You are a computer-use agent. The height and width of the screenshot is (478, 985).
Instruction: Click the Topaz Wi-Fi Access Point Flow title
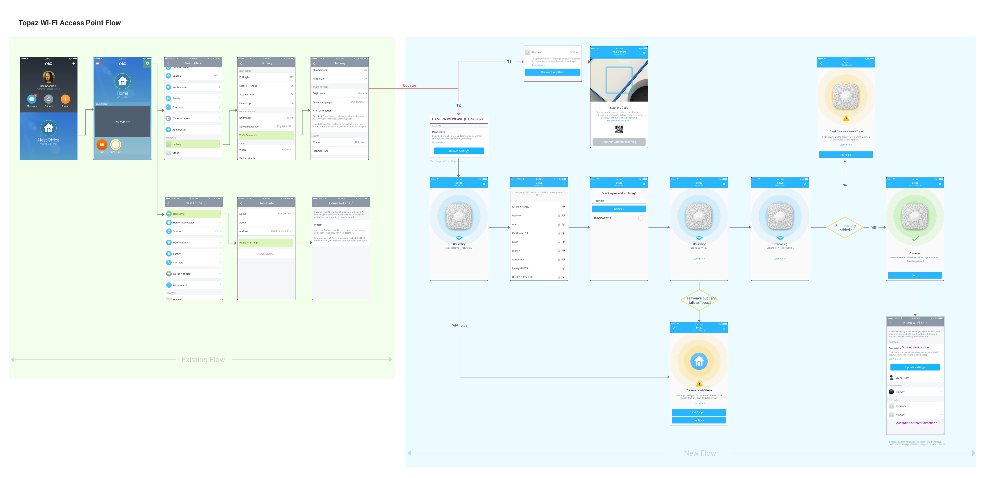coord(70,23)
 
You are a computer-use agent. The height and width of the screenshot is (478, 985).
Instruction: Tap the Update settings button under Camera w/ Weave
coord(459,151)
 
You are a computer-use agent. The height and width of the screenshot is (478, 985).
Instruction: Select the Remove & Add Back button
coord(552,72)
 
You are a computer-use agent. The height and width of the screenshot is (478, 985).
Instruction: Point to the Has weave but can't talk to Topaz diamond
coord(699,301)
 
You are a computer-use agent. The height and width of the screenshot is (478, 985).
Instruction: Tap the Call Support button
coord(699,412)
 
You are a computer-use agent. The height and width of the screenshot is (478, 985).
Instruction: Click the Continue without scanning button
coord(619,142)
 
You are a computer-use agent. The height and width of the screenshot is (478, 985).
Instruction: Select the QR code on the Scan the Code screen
coord(619,129)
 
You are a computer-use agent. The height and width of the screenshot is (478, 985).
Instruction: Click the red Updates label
coord(410,86)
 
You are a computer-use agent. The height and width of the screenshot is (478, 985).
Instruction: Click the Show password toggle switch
coord(641,218)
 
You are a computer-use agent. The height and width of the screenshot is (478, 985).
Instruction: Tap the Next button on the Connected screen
coord(915,275)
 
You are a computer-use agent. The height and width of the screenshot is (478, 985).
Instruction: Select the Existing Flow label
coord(203,360)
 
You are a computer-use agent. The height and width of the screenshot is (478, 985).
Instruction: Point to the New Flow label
coord(700,453)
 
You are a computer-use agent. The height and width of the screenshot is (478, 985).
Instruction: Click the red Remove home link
coord(265,254)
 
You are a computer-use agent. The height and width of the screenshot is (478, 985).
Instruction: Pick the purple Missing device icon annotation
coord(915,347)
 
